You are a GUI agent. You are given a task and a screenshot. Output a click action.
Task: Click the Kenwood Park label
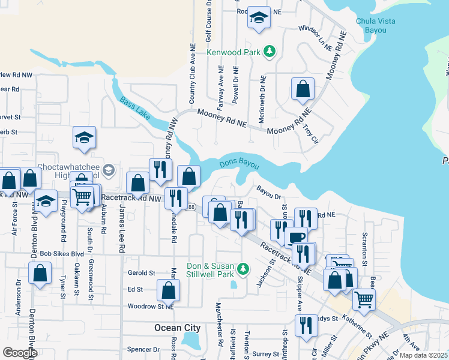(234, 52)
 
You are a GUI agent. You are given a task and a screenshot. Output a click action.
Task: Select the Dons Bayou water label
(239, 163)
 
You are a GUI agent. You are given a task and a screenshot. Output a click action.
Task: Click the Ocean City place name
(177, 328)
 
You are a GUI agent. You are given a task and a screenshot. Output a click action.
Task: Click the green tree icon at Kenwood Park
(270, 52)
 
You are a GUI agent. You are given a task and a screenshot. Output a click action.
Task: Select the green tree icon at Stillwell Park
(243, 268)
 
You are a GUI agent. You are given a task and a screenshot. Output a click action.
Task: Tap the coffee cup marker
(295, 237)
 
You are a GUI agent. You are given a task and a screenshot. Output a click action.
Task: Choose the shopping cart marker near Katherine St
(364, 300)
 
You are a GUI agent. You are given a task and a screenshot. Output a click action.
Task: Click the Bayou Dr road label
(269, 194)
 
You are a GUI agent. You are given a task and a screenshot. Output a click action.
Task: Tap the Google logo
(20, 353)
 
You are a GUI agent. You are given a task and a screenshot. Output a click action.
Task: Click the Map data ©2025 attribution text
(423, 355)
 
